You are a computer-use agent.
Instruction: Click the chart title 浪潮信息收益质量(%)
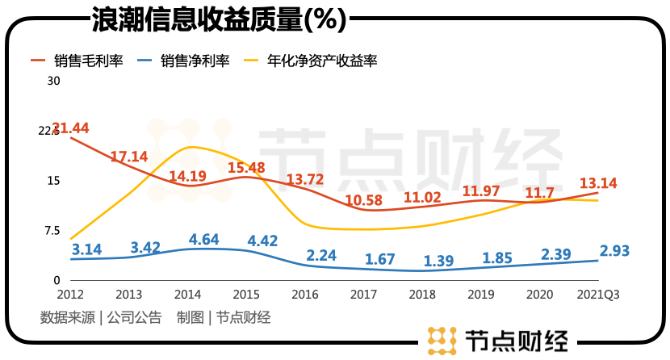[x=219, y=18]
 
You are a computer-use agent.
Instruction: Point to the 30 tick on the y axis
[x=54, y=81]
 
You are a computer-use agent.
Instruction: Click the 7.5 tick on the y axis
[x=52, y=231]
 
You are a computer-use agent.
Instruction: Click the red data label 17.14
[x=129, y=157]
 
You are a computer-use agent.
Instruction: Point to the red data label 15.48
[x=246, y=168]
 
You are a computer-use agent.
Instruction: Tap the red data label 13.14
[x=598, y=183]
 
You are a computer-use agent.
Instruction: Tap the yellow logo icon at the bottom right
[x=441, y=340]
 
